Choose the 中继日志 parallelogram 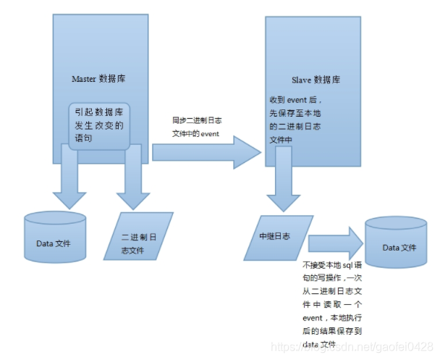click(278, 235)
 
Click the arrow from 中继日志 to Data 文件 click(335, 242)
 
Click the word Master click(86, 78)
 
